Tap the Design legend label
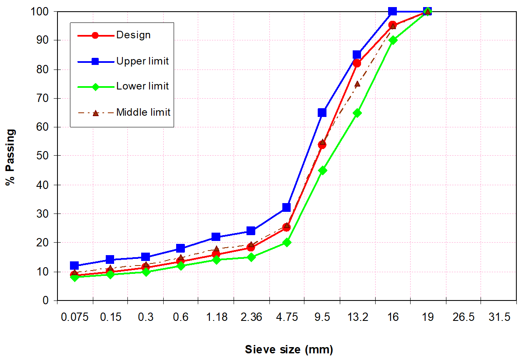(x=133, y=35)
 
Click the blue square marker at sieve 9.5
(x=322, y=112)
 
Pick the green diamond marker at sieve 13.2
(x=357, y=113)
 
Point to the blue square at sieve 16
(x=392, y=11)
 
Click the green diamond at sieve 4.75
(x=286, y=242)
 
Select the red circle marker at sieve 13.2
(x=357, y=63)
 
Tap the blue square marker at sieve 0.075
(x=75, y=266)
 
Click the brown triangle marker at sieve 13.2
(x=357, y=84)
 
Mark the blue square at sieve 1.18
(x=216, y=237)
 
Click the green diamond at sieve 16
(x=392, y=40)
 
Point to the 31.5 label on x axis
(x=499, y=317)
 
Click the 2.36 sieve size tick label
(x=251, y=317)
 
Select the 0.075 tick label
(x=75, y=317)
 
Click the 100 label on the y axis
(x=40, y=11)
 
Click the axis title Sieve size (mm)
(x=289, y=350)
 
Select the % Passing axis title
(x=11, y=157)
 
